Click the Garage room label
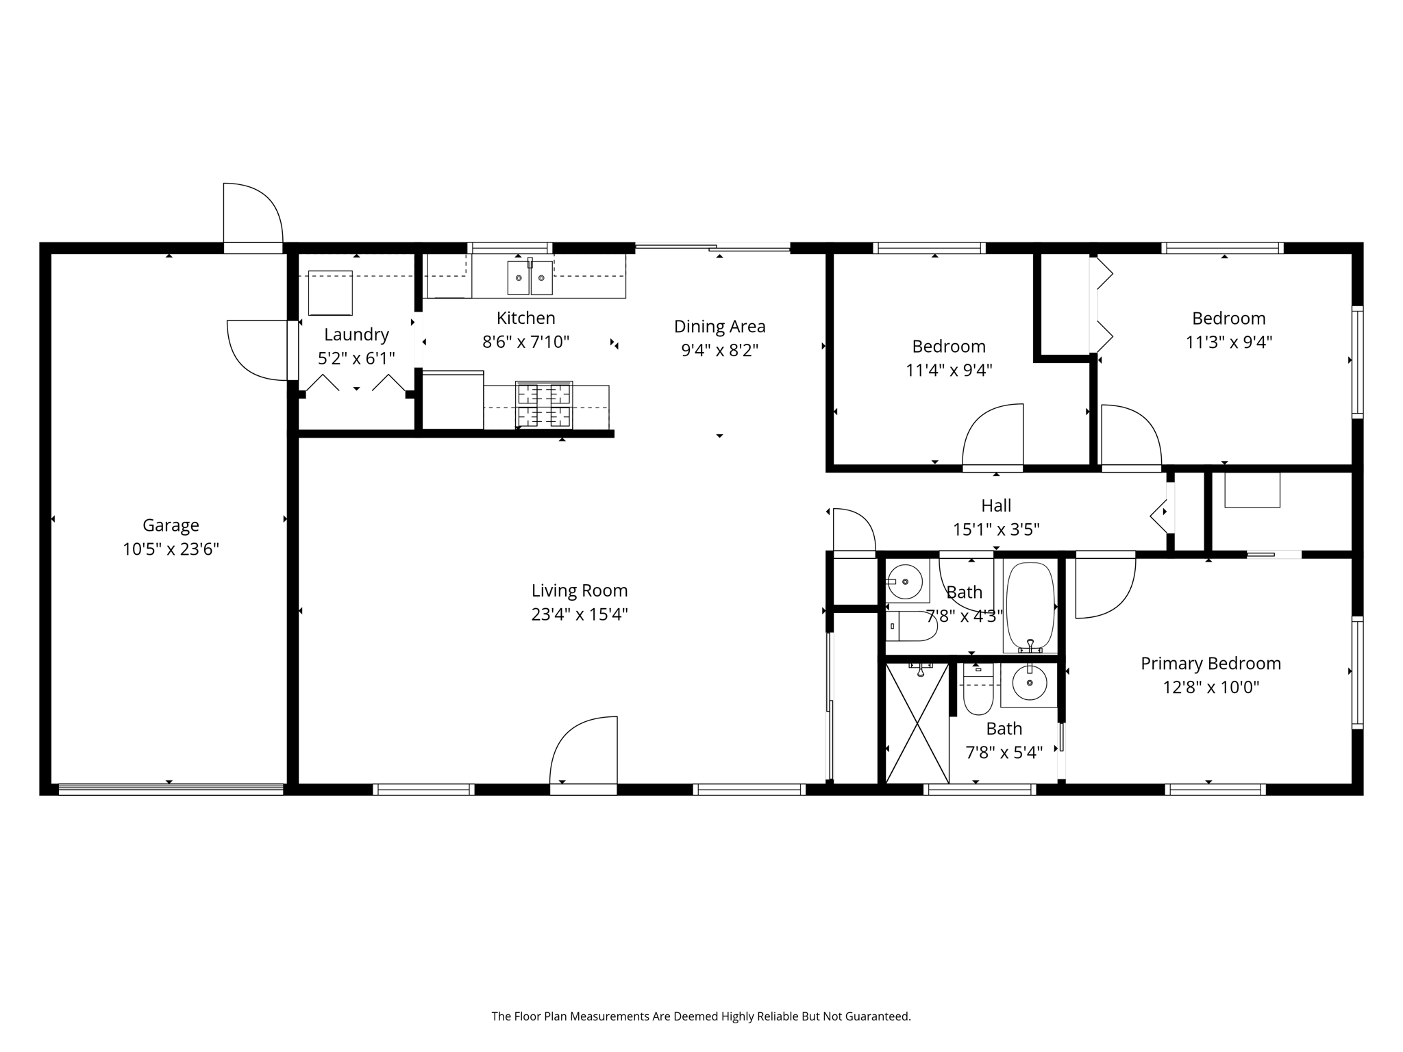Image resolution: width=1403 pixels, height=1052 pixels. pos(171,525)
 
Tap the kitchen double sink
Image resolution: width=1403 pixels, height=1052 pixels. pos(530,277)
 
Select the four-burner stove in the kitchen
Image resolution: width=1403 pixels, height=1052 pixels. pos(543,405)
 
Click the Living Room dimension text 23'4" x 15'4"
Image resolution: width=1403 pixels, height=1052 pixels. pos(580,614)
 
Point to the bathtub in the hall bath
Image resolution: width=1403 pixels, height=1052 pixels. pos(1030,606)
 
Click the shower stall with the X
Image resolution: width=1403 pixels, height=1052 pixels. pos(917,723)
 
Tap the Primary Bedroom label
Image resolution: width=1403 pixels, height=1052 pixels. pos(1210,663)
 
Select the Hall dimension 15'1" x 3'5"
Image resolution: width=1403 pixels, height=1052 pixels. pos(996,529)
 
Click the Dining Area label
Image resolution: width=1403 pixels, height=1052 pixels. pos(719,327)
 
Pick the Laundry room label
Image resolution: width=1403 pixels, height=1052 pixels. pos(356,334)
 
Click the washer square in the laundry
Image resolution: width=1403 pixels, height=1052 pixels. pos(330,292)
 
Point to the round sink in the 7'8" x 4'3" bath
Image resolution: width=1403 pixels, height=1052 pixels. pos(906,581)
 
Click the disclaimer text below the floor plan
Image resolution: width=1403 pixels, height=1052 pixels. pos(701,1016)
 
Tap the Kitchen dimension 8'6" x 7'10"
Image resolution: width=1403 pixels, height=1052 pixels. pos(525,342)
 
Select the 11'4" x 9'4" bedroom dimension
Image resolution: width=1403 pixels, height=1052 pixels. pos(949,371)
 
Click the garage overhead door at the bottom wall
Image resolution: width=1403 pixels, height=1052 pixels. pos(171,789)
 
